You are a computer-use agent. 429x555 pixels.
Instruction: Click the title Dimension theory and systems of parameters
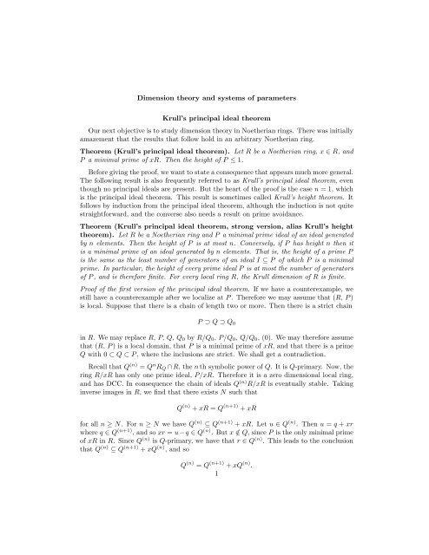[x=214, y=87]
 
